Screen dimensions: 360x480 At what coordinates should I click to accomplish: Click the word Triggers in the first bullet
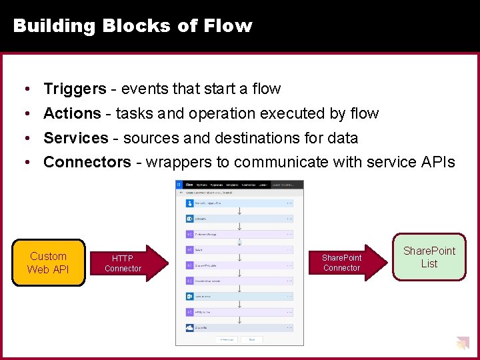click(x=75, y=89)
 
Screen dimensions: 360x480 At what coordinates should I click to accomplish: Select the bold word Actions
click(x=72, y=113)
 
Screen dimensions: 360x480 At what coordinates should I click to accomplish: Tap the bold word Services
click(x=75, y=138)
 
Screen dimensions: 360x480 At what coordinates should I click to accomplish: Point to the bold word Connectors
click(x=87, y=162)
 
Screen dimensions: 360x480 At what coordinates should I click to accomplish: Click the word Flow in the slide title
click(x=228, y=26)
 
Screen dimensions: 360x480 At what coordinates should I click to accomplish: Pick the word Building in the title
click(x=55, y=26)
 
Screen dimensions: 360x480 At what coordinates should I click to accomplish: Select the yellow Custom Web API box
click(x=48, y=263)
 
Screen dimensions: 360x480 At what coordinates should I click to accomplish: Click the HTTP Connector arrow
click(x=127, y=263)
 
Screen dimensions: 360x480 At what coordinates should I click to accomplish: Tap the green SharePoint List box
click(x=429, y=257)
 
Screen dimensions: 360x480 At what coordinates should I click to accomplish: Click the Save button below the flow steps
click(x=253, y=339)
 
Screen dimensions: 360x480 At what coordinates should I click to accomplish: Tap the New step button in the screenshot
click(x=227, y=339)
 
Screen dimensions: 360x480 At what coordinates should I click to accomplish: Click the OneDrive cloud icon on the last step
click(x=190, y=327)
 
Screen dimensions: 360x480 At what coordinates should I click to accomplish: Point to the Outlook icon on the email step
click(x=190, y=296)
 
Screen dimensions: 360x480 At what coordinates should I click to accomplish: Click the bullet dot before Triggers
click(x=25, y=89)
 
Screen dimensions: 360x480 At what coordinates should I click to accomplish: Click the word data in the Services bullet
click(x=341, y=138)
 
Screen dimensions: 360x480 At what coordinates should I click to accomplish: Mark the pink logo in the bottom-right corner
click(x=462, y=344)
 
